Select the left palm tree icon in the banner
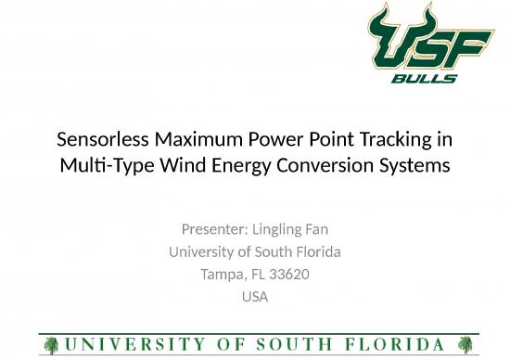tap(52, 341)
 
